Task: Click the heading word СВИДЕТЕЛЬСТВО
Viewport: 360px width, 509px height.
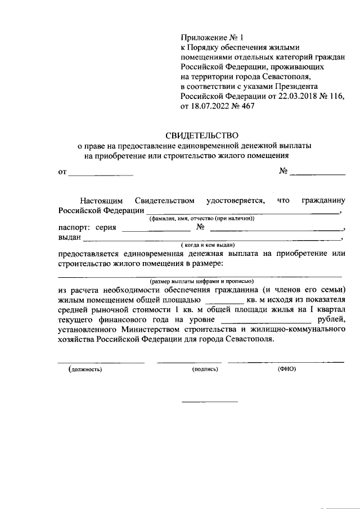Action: point(202,136)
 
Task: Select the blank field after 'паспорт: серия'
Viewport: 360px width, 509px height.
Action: point(156,231)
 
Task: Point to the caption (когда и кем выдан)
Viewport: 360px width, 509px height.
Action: point(208,246)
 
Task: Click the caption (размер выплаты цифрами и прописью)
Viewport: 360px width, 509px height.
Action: point(202,281)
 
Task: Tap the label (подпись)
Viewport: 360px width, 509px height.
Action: point(205,369)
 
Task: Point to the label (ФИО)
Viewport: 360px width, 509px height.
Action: point(286,369)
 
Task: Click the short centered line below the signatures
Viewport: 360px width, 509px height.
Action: point(209,402)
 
